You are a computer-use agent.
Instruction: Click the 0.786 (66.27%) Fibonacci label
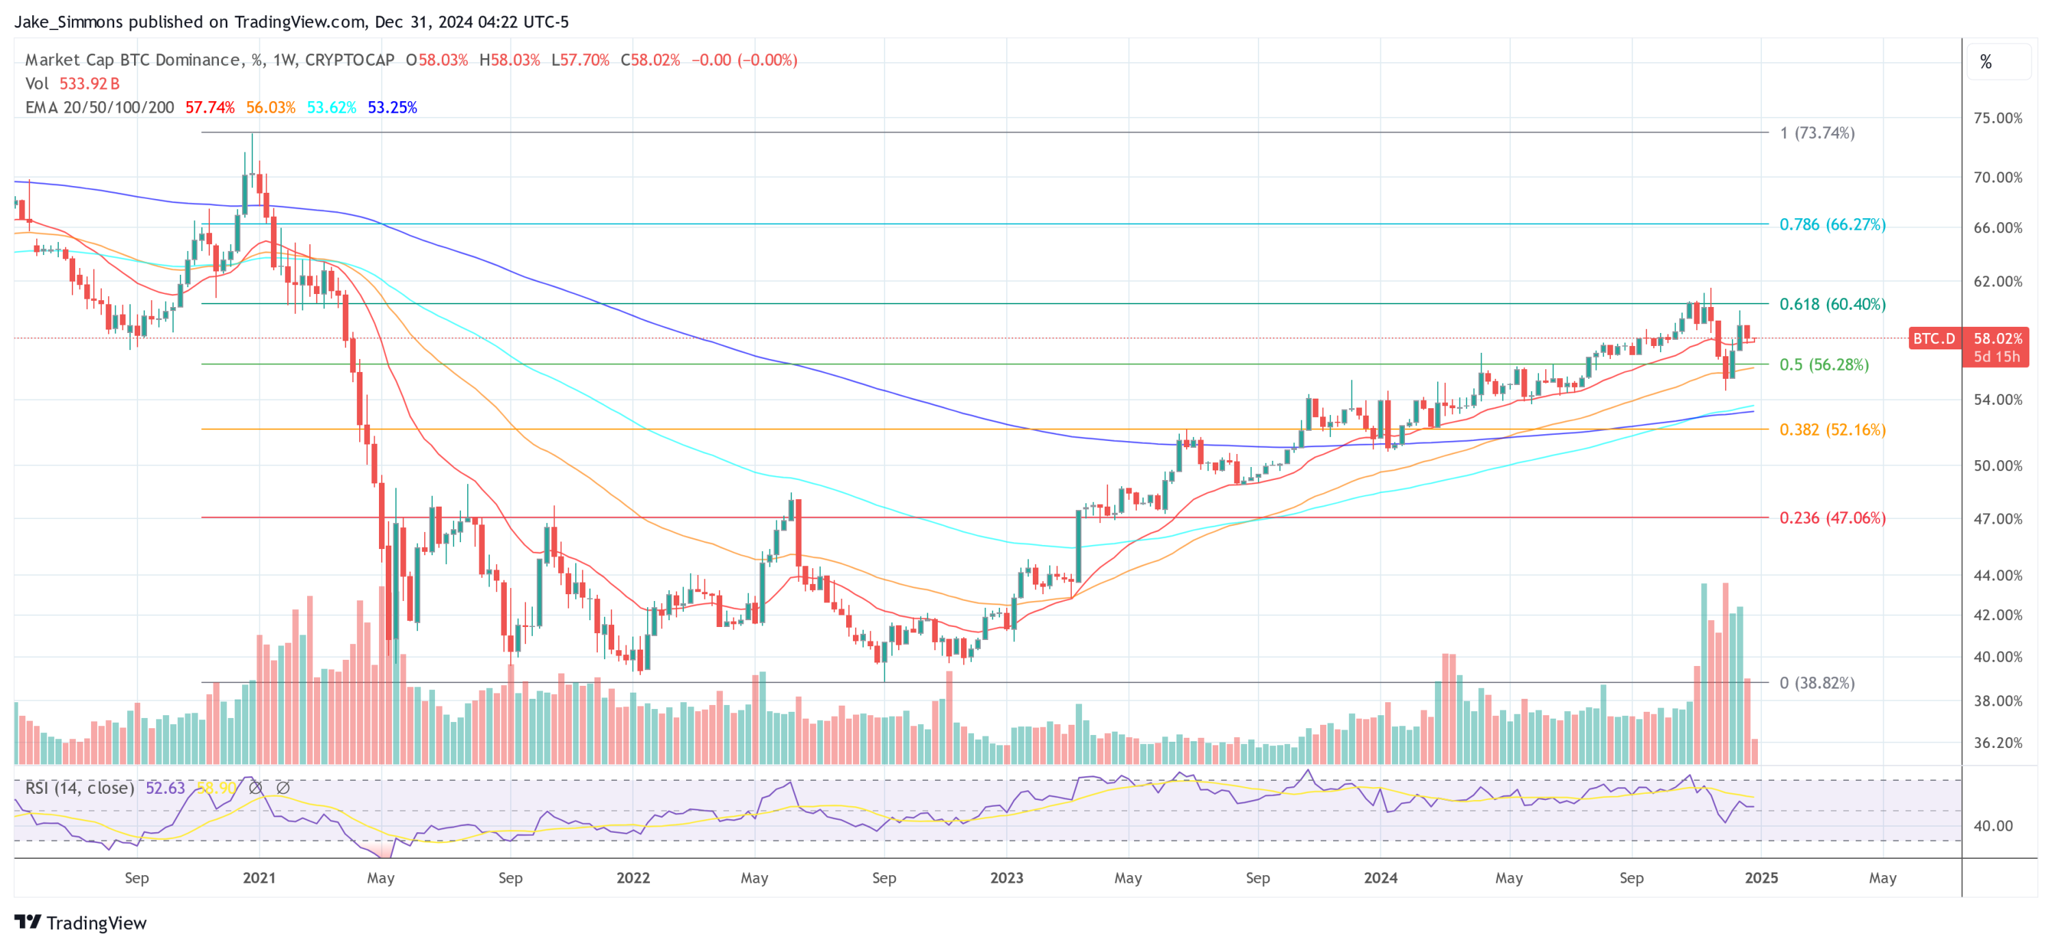[x=1832, y=224]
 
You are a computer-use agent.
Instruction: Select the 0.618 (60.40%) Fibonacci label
[x=1832, y=304]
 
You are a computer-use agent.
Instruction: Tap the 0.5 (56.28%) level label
[x=1824, y=364]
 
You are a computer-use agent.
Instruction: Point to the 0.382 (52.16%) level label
[x=1832, y=430]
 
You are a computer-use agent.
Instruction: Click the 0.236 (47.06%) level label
[x=1832, y=518]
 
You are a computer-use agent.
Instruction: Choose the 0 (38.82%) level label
[x=1816, y=683]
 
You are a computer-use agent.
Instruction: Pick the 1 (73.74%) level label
[x=1817, y=133]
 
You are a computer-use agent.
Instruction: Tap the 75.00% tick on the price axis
[x=1997, y=118]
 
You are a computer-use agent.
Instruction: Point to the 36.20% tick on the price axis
[x=1997, y=743]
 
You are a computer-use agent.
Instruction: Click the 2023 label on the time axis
[x=1006, y=878]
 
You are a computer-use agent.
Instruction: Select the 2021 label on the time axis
[x=259, y=878]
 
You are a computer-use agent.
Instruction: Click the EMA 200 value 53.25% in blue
[x=392, y=107]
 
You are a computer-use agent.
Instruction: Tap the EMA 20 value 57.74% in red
[x=209, y=107]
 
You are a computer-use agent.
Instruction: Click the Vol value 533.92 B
[x=89, y=83]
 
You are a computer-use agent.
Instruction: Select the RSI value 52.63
[x=165, y=788]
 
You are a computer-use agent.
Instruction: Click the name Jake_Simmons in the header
[x=68, y=21]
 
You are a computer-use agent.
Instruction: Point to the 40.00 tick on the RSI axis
[x=1992, y=826]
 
